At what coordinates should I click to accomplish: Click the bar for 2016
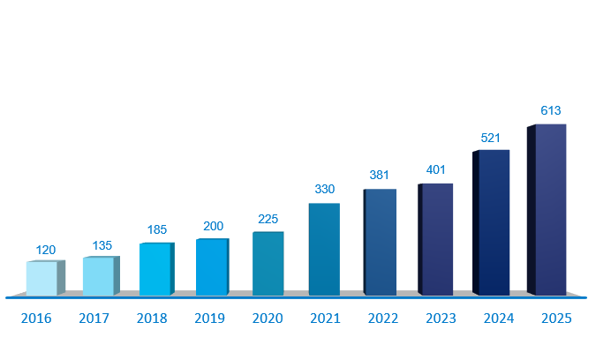[x=42, y=278]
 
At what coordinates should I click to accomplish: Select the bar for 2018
[x=155, y=269]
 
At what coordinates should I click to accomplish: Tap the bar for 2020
[x=268, y=263]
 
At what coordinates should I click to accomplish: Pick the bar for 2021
[x=324, y=249]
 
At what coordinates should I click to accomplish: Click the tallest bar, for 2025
[x=549, y=210]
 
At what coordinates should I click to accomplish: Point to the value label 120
[x=45, y=250]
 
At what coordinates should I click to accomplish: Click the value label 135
[x=101, y=245]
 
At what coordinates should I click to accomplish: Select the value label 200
[x=213, y=227]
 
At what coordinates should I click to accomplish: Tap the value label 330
[x=324, y=189]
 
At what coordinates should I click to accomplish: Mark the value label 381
[x=379, y=175]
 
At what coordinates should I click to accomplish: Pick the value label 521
[x=491, y=139]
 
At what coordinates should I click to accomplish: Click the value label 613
[x=550, y=110]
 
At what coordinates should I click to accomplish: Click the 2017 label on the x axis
[x=94, y=319]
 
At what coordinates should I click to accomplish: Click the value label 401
[x=436, y=170]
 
